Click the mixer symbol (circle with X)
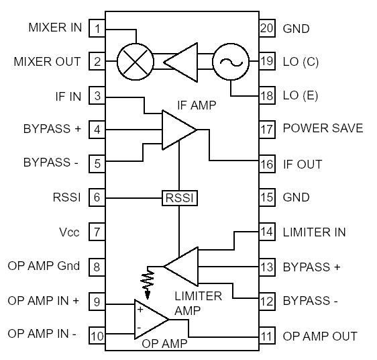pos(136,62)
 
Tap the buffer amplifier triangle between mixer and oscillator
pos(182,62)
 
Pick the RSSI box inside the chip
pos(179,198)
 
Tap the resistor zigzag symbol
pos(147,279)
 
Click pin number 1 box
pos(98,28)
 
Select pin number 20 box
pos(266,28)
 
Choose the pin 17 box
pos(266,129)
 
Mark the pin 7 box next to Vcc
pos(98,232)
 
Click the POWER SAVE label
pos(323,128)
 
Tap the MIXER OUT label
pos(47,62)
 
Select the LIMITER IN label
pos(314,232)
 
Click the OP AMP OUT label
pos(320,336)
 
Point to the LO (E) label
pos(301,95)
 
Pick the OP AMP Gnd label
pos(44,266)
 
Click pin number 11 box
pos(266,336)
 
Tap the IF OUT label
pos(303,164)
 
